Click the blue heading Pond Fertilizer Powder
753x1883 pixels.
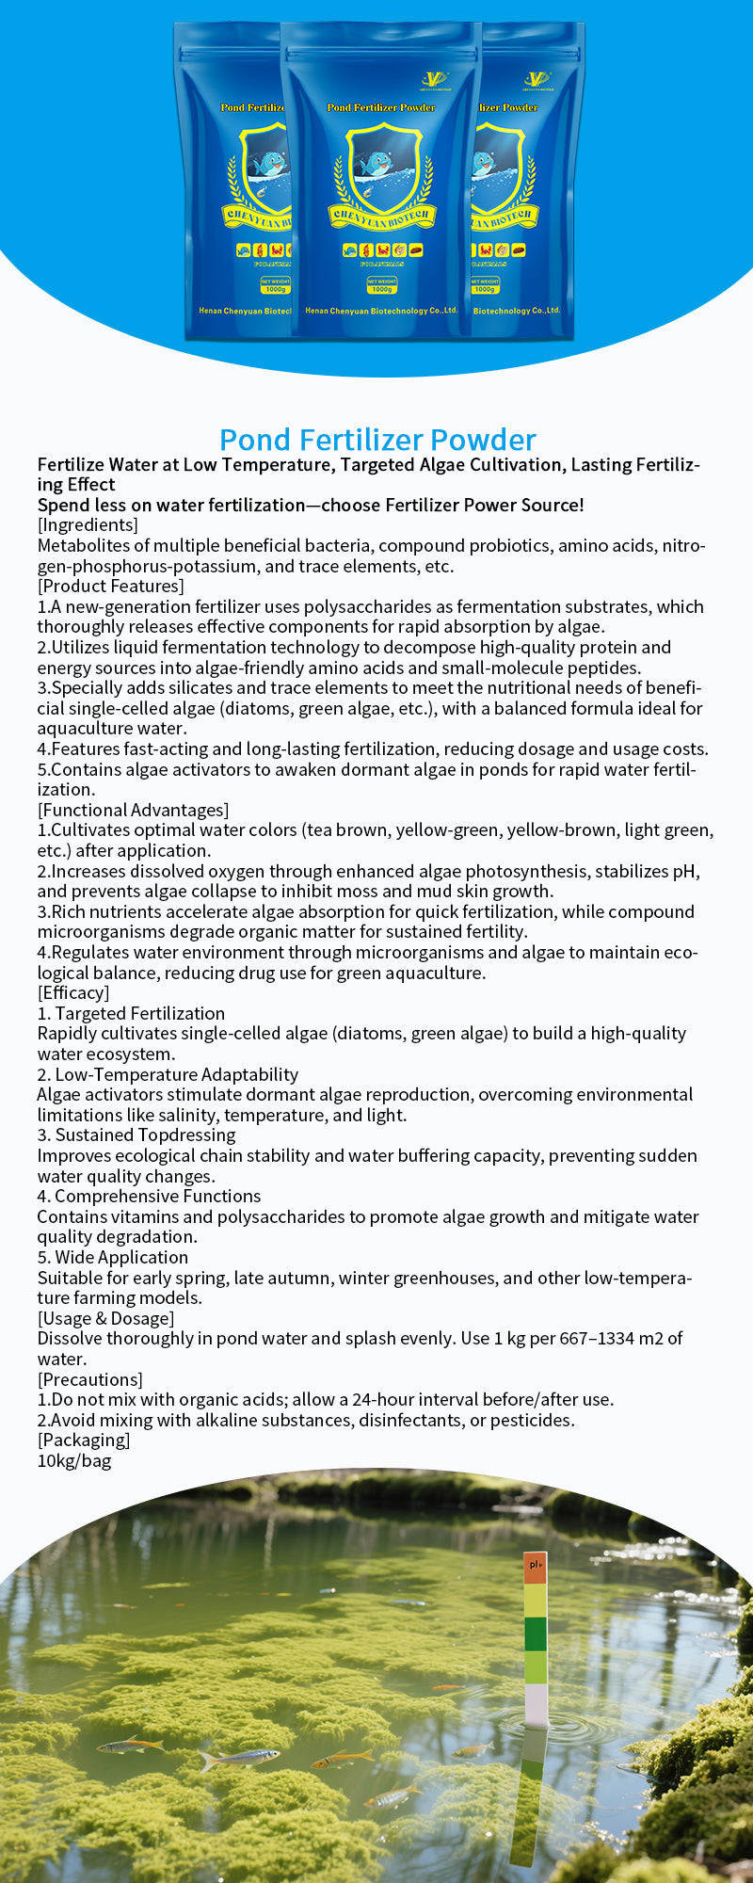pyautogui.click(x=377, y=440)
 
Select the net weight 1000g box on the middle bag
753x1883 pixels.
pyautogui.click(x=381, y=285)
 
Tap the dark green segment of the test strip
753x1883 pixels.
pyautogui.click(x=535, y=1634)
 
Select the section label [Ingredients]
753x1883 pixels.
pyautogui.click(x=88, y=525)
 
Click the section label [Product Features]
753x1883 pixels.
pyautogui.click(x=110, y=587)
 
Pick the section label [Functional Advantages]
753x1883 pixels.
pyautogui.click(x=133, y=810)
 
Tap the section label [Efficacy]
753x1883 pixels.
pyautogui.click(x=73, y=992)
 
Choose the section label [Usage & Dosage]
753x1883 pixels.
pyautogui.click(x=105, y=1318)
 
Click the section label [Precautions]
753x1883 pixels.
pyautogui.click(x=89, y=1379)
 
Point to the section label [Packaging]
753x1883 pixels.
pyautogui.click(x=84, y=1440)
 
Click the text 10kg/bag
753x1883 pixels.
pyautogui.click(x=74, y=1461)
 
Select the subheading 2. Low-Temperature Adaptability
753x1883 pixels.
pyautogui.click(x=168, y=1074)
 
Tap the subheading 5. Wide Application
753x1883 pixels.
pyautogui.click(x=113, y=1257)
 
